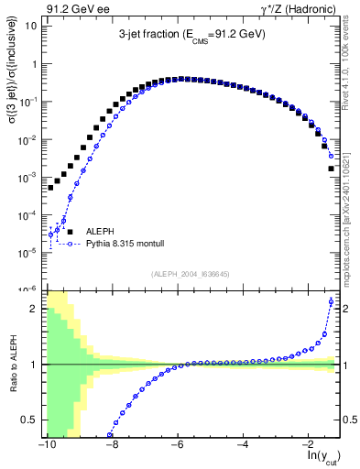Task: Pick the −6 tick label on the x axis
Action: pyautogui.click(x=179, y=443)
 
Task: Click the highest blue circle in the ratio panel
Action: pyautogui.click(x=331, y=301)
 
